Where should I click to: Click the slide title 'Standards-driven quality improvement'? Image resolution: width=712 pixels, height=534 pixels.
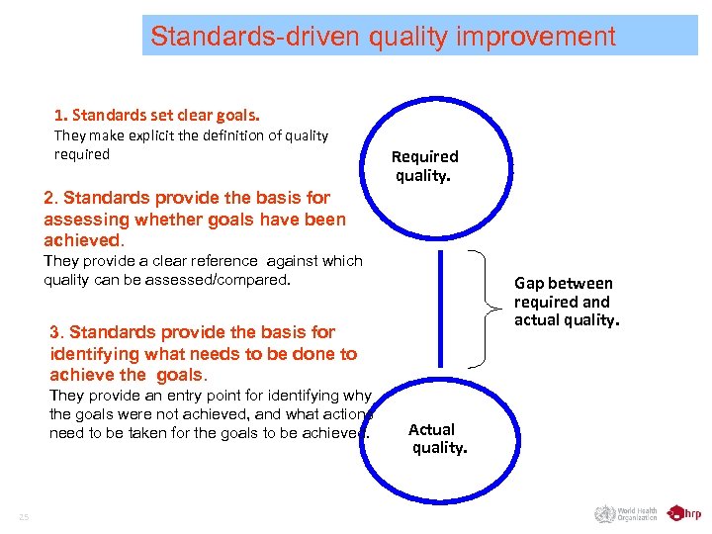[383, 38]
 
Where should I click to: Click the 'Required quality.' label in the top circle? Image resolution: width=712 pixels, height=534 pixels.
[424, 166]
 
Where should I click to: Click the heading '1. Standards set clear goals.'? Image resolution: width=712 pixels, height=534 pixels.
[157, 116]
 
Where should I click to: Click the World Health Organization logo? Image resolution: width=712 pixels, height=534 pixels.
[625, 513]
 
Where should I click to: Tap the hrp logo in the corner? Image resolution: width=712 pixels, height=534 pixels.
[684, 513]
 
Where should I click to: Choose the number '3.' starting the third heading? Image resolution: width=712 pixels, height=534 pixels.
[57, 332]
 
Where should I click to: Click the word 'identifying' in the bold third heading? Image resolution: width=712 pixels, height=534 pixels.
[94, 354]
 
